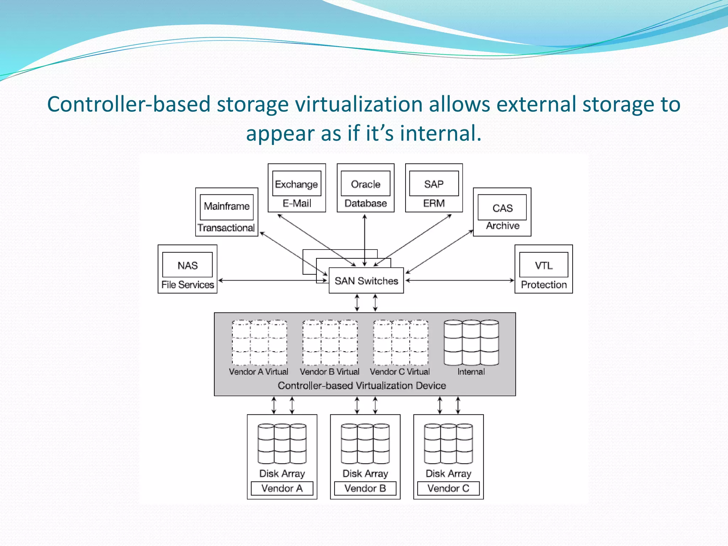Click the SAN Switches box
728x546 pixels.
click(366, 281)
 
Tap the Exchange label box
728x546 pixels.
click(296, 184)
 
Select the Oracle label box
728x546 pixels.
click(365, 184)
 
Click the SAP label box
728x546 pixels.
click(434, 184)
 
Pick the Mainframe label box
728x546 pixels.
click(227, 207)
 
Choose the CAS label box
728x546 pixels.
click(502, 208)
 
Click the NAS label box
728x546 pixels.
click(187, 265)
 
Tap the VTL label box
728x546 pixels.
click(544, 265)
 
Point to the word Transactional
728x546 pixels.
click(226, 228)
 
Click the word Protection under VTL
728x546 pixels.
click(544, 285)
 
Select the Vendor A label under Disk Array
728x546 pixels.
click(282, 488)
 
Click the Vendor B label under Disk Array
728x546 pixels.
click(365, 488)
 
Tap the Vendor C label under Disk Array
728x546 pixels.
click(448, 488)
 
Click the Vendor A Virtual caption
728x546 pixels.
click(258, 372)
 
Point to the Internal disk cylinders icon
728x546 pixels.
click(471, 343)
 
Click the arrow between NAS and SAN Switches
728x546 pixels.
click(273, 280)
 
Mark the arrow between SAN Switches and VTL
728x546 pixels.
click(460, 280)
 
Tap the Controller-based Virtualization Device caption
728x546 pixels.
click(362, 386)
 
